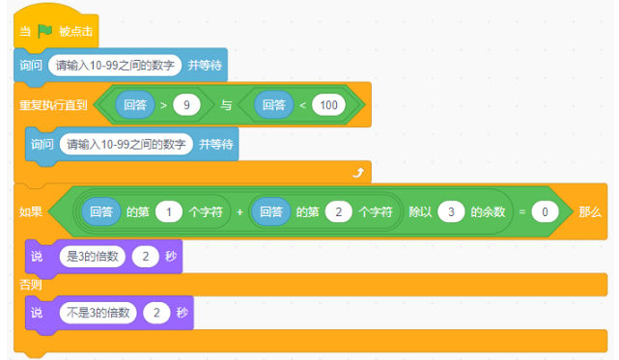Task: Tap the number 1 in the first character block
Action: click(169, 211)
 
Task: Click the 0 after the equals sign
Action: click(545, 211)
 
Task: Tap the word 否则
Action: click(31, 285)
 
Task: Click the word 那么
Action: click(589, 211)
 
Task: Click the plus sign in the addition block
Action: click(239, 211)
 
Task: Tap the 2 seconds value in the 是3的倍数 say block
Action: click(146, 258)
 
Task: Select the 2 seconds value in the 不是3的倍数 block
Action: click(155, 313)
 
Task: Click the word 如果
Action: click(30, 211)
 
